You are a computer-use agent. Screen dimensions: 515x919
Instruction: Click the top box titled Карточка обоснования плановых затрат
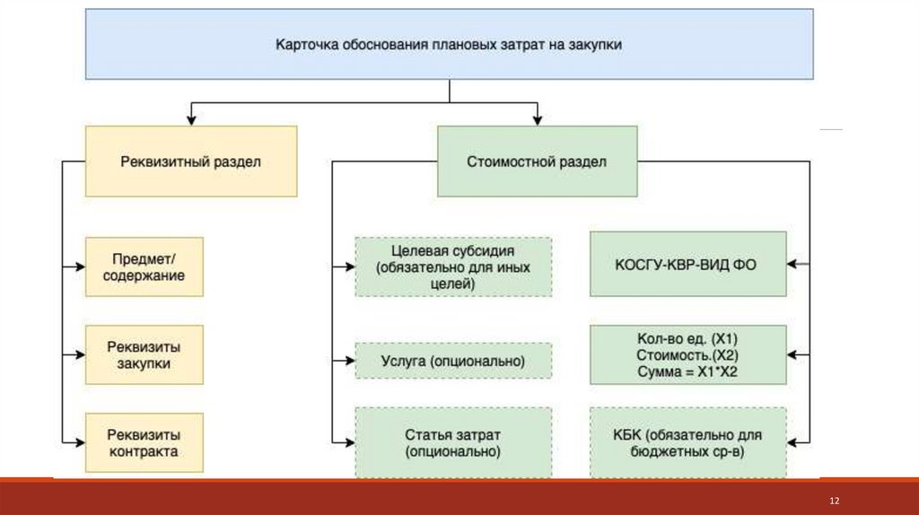tap(448, 44)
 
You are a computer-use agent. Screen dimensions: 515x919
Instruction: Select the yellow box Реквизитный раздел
tap(190, 161)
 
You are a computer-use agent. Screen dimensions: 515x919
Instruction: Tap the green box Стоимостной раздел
tap(537, 161)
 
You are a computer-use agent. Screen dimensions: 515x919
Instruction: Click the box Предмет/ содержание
tap(144, 266)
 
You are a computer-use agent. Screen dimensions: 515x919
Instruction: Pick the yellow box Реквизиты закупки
tap(144, 355)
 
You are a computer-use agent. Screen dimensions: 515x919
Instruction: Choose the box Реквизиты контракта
tap(144, 442)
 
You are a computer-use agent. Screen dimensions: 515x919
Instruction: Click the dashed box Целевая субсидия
tap(453, 266)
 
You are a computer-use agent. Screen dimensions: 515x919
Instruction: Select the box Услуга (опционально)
tap(453, 361)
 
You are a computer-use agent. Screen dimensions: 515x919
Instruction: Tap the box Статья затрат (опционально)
tap(453, 442)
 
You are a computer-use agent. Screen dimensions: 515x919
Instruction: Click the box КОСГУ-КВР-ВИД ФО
tap(687, 264)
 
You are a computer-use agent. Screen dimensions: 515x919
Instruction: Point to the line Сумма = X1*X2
tap(687, 371)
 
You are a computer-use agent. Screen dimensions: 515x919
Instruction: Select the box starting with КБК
tap(687, 442)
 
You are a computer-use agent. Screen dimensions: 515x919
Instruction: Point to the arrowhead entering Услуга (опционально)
tap(349, 361)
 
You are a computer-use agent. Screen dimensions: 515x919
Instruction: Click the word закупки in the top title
tap(594, 44)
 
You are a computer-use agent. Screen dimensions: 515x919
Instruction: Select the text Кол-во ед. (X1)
tap(687, 339)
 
